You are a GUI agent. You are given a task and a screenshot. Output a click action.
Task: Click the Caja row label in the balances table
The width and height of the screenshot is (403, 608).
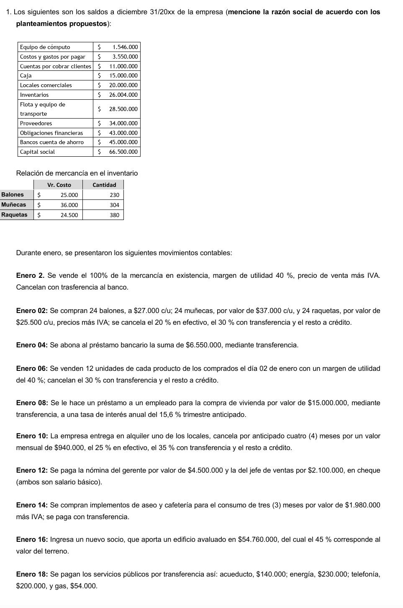pos(26,76)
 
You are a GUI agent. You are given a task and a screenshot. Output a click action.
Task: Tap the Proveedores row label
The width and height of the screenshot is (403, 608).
pos(36,123)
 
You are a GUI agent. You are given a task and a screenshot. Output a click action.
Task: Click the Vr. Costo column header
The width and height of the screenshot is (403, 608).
pos(59,185)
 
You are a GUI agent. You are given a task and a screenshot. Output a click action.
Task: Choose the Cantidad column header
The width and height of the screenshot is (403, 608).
pos(104,185)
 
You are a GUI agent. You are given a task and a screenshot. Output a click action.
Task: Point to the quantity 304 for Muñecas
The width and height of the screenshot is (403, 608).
pos(114,205)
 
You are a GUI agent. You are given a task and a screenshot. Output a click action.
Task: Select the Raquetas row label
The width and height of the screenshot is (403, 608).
pos(14,215)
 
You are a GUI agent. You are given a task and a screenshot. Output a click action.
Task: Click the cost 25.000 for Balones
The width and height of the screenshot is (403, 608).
pos(69,195)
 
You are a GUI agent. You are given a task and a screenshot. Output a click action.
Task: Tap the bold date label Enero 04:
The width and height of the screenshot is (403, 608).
pos(32,345)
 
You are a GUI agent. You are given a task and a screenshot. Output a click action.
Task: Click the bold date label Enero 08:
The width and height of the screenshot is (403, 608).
pos(32,403)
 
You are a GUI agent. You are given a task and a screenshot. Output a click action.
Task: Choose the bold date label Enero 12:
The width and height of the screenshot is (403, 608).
pos(32,471)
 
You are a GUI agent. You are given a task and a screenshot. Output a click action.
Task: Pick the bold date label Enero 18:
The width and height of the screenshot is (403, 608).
pos(32,574)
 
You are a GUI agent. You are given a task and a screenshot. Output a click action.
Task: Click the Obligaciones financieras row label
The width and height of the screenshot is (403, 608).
pos(51,133)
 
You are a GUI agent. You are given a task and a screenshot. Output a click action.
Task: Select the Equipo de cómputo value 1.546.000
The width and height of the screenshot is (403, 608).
pos(125,47)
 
